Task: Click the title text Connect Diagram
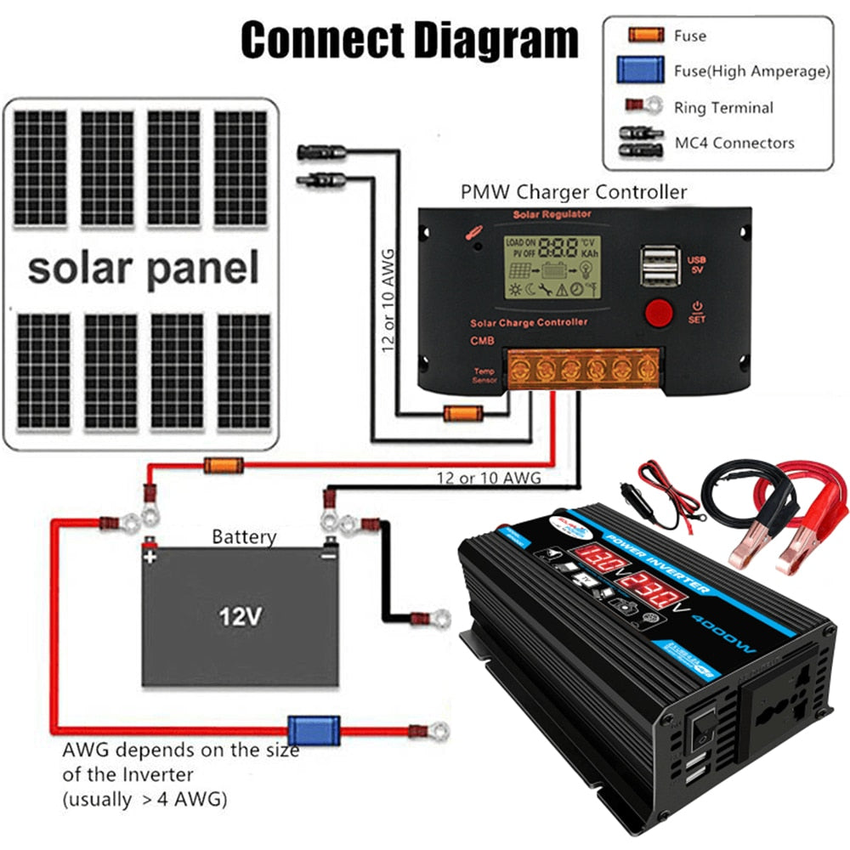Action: coord(409,40)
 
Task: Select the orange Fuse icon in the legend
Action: coord(645,36)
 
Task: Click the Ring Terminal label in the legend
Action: coord(723,108)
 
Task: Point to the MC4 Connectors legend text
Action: coord(734,143)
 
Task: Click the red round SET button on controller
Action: coord(658,313)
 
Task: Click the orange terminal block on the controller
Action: coord(583,370)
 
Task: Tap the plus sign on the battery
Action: coord(150,558)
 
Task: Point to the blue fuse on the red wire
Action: coord(302,729)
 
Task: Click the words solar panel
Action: coord(142,268)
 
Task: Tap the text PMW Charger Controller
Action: coord(573,191)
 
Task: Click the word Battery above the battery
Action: coord(244,537)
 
